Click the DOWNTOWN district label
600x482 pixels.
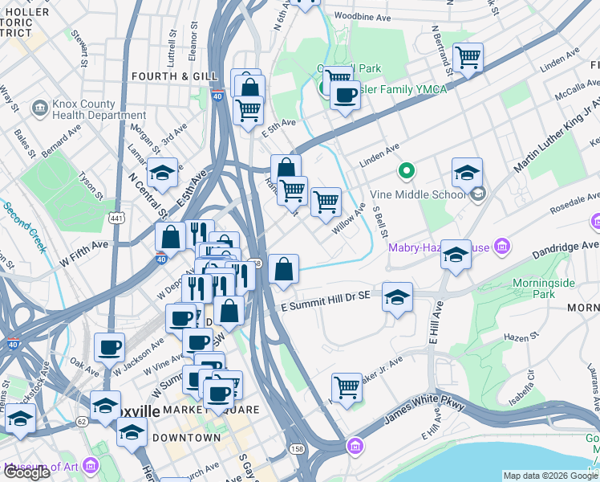[186, 438]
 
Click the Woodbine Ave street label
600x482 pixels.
[362, 16]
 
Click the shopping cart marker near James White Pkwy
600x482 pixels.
[346, 387]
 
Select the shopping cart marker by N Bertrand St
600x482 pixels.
[468, 57]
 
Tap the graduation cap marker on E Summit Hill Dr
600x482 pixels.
[397, 296]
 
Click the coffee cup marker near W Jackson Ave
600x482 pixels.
[109, 347]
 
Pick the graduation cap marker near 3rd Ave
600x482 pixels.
[162, 172]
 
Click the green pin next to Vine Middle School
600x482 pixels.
[407, 170]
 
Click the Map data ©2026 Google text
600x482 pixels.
[549, 476]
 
